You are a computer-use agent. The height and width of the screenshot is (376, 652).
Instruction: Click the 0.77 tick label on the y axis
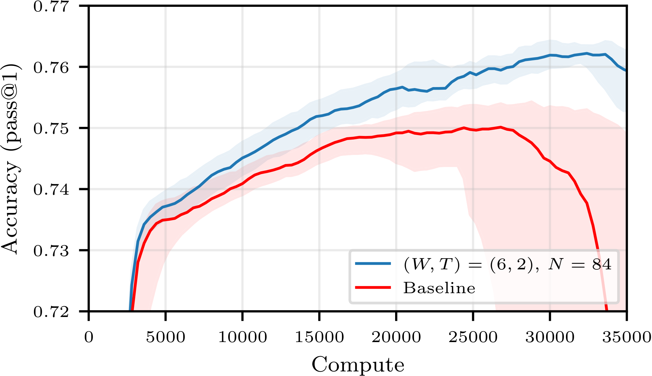pyautogui.click(x=51, y=7)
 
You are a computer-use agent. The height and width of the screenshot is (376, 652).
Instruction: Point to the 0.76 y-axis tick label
pyautogui.click(x=51, y=68)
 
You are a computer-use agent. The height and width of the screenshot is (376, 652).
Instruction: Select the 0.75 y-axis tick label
pyautogui.click(x=51, y=128)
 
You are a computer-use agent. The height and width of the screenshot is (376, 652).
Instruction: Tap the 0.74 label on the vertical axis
pyautogui.click(x=51, y=189)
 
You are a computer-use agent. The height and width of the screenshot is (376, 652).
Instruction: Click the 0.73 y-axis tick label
pyautogui.click(x=51, y=251)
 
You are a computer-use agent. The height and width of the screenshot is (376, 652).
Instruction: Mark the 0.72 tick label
pyautogui.click(x=51, y=312)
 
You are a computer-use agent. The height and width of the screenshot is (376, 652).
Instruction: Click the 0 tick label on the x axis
pyautogui.click(x=89, y=337)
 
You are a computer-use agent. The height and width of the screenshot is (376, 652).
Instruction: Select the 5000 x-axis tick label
pyautogui.click(x=166, y=337)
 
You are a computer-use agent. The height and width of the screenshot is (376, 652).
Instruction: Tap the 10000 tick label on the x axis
pyautogui.click(x=243, y=337)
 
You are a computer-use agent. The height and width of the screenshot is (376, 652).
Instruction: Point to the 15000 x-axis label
pyautogui.click(x=319, y=337)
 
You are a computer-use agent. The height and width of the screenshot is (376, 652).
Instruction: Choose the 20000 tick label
pyautogui.click(x=396, y=337)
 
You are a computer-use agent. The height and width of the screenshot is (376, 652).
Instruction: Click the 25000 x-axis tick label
pyautogui.click(x=473, y=337)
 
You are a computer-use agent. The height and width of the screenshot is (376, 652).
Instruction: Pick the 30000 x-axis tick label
pyautogui.click(x=550, y=337)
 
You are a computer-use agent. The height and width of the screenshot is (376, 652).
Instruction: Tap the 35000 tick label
pyautogui.click(x=627, y=337)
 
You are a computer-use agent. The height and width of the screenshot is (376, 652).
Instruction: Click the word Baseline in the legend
pyautogui.click(x=439, y=288)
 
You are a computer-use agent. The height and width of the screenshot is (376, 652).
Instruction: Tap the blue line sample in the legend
pyautogui.click(x=373, y=263)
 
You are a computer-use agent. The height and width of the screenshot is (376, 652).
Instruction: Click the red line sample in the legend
pyautogui.click(x=373, y=287)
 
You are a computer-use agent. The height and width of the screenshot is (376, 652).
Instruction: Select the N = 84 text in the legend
pyautogui.click(x=580, y=264)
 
